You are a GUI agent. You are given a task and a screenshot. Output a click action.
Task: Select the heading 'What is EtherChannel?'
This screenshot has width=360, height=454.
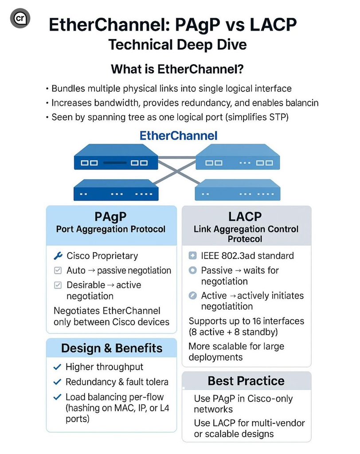(x=180, y=69)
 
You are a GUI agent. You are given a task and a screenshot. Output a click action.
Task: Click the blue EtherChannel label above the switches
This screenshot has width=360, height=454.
(x=178, y=135)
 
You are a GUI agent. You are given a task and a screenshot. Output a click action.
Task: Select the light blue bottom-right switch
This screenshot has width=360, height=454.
(x=238, y=191)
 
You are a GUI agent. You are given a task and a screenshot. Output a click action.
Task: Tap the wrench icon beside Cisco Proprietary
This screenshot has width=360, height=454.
(x=57, y=256)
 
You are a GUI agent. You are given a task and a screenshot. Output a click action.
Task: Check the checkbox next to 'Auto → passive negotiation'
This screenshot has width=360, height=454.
(x=57, y=270)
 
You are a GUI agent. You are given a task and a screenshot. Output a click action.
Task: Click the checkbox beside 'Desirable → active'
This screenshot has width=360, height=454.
(x=57, y=285)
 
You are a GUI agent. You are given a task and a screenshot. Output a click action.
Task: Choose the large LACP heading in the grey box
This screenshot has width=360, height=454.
(x=245, y=217)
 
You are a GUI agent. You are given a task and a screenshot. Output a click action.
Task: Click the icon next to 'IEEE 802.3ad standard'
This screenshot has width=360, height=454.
(x=192, y=256)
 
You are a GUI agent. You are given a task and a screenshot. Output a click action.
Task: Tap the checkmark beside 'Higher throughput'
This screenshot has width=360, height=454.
(x=56, y=367)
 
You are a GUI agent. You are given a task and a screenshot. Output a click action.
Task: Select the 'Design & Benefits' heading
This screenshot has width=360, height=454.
(x=112, y=348)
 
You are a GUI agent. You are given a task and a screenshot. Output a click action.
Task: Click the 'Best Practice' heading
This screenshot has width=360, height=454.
(x=246, y=381)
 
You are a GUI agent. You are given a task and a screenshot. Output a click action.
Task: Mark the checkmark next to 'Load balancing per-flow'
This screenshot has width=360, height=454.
(x=56, y=397)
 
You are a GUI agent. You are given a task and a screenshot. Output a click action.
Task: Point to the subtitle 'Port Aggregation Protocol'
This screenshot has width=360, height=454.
(x=111, y=229)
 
